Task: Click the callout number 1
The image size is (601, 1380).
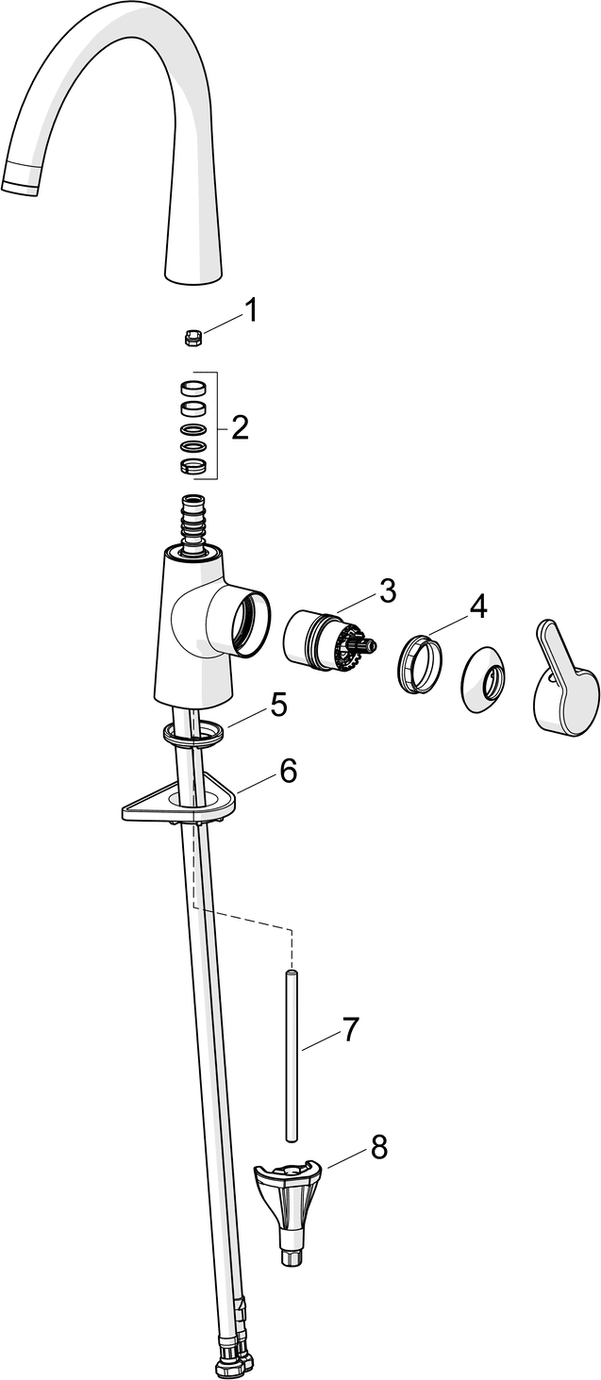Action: [x=250, y=311]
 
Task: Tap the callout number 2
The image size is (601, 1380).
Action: [x=240, y=427]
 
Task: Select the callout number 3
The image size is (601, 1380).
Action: [x=387, y=591]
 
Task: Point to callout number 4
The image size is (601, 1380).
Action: [x=477, y=607]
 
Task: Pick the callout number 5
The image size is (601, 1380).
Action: [x=278, y=705]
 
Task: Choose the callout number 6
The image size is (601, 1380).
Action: [x=289, y=770]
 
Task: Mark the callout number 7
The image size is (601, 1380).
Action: [x=349, y=1030]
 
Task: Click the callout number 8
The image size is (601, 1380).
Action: [x=378, y=1146]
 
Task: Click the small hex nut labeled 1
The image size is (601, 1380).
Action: [x=194, y=338]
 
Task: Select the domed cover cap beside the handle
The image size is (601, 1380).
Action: [x=485, y=679]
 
